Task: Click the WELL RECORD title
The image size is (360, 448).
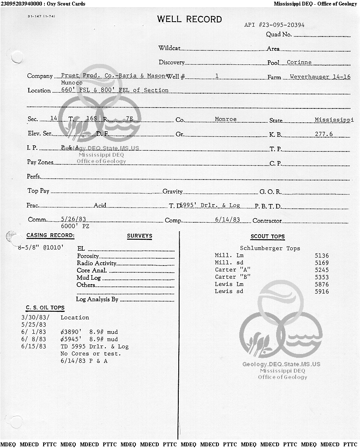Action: click(x=189, y=19)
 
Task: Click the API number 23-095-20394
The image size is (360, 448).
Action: click(x=274, y=25)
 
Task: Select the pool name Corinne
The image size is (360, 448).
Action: click(x=299, y=62)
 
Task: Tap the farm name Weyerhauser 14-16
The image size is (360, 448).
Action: click(x=320, y=77)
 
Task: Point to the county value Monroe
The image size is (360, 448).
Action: click(x=226, y=119)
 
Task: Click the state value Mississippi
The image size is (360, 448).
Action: click(x=334, y=120)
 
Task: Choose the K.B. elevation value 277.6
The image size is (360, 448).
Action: click(x=324, y=134)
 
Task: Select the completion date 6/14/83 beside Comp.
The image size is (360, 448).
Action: click(x=227, y=219)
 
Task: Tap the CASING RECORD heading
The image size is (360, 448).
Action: click(x=50, y=235)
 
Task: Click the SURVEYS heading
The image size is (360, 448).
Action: click(x=139, y=236)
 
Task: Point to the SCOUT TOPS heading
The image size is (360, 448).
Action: click(x=268, y=236)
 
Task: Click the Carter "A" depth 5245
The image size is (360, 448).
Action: click(x=321, y=270)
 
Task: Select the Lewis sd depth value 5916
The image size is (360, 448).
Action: click(x=321, y=291)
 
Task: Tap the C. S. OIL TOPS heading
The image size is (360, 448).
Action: click(x=45, y=308)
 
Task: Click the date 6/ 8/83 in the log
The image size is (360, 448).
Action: click(x=33, y=339)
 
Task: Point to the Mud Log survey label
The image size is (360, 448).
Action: click(x=89, y=278)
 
